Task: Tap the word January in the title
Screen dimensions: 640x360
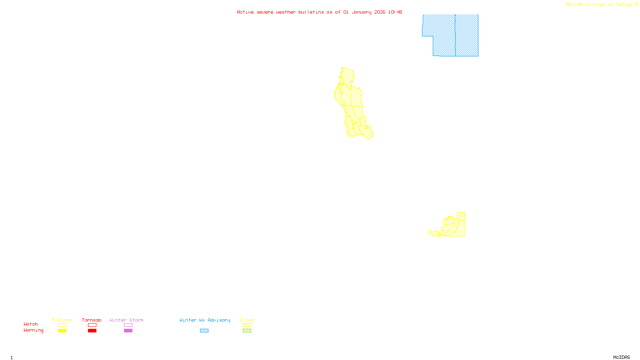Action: (361, 12)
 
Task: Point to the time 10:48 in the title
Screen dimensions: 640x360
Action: (395, 12)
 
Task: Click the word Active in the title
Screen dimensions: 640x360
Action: (245, 12)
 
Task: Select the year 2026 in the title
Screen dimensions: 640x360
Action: (380, 12)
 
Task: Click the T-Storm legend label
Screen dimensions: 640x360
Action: (62, 320)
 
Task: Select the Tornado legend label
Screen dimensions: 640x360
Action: (92, 320)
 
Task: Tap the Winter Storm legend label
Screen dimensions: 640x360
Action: (126, 320)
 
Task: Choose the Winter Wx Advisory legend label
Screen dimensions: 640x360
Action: (205, 320)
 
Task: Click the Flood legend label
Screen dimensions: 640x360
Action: (247, 320)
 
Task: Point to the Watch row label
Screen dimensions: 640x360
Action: (31, 324)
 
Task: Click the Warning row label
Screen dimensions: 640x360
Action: (34, 330)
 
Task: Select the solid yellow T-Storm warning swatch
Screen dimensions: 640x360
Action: (62, 331)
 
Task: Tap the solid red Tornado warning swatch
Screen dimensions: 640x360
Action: (92, 331)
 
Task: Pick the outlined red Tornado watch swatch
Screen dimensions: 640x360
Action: (92, 325)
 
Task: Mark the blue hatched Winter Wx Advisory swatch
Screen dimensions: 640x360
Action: (204, 331)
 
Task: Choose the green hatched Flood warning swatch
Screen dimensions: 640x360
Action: (247, 331)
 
